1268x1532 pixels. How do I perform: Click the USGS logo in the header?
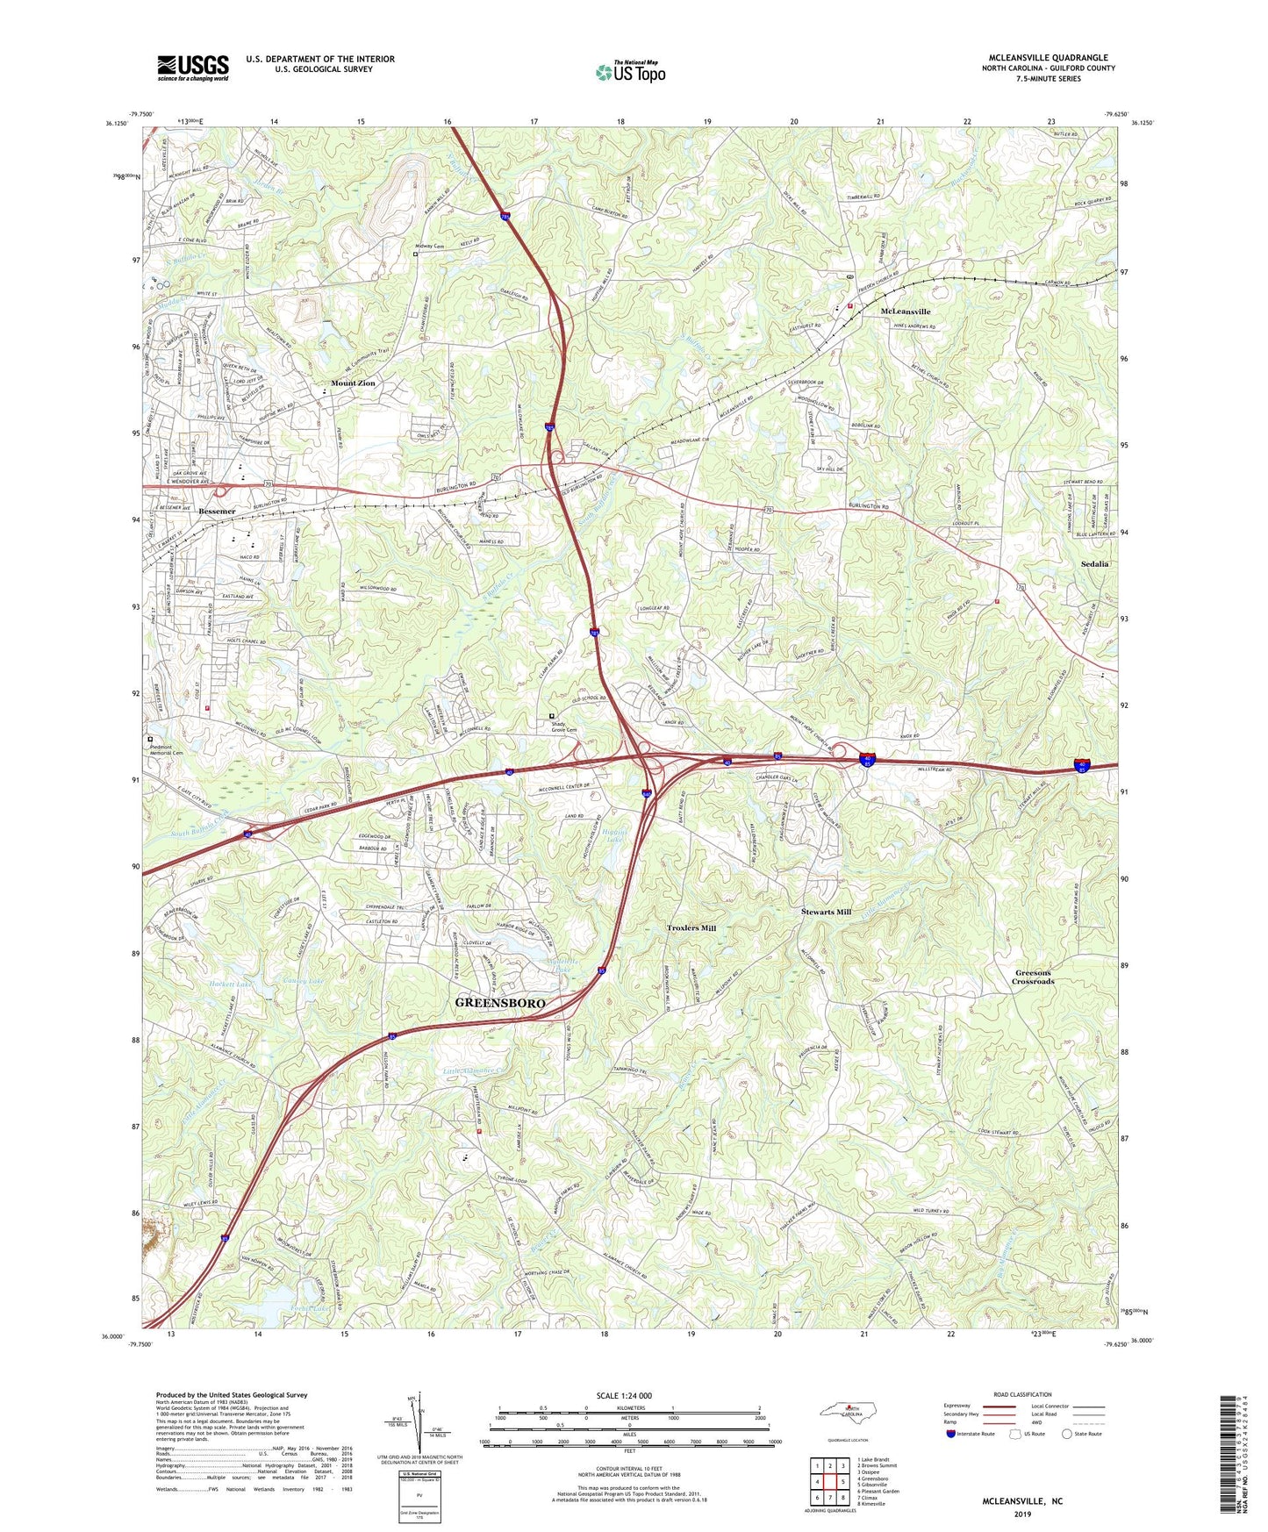click(193, 68)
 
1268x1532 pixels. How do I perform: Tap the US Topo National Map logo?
click(629, 72)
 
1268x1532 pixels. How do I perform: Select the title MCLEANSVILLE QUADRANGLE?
click(1047, 58)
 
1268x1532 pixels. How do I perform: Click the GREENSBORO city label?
click(500, 1003)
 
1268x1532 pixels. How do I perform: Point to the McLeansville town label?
click(906, 311)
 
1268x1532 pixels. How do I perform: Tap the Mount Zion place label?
click(353, 383)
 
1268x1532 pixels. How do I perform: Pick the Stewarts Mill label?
click(826, 912)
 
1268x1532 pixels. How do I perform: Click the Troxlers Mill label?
click(691, 927)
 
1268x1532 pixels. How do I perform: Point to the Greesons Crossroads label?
click(1033, 977)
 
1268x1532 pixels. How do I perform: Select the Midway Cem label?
click(429, 247)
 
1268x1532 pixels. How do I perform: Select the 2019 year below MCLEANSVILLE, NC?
click(1022, 1514)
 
